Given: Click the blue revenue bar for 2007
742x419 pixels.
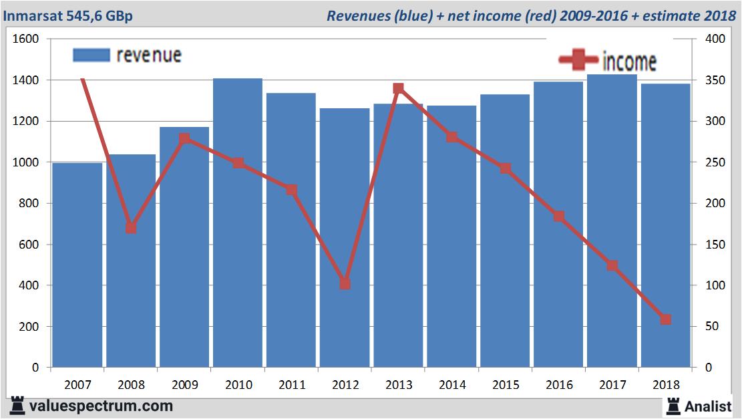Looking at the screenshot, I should pos(77,267).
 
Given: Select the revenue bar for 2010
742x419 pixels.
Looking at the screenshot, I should pos(238,227).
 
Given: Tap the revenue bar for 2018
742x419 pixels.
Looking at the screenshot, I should pos(665,227).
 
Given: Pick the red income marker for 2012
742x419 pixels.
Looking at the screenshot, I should pos(345,284).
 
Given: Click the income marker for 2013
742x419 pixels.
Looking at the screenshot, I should pos(399,88).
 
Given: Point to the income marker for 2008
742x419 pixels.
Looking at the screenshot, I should pos(131,228).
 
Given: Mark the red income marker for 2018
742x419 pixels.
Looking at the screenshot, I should pos(665,319).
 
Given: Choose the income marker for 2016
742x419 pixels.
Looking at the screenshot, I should pos(558,216).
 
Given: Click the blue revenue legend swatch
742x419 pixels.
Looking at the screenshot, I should pos(90,55).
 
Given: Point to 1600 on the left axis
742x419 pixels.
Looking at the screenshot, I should pos(27,39).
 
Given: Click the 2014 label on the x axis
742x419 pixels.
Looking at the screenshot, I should pos(452,385).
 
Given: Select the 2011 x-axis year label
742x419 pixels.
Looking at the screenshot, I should pos(292,385).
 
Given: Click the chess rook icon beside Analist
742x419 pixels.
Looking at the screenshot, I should pos(673,406).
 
